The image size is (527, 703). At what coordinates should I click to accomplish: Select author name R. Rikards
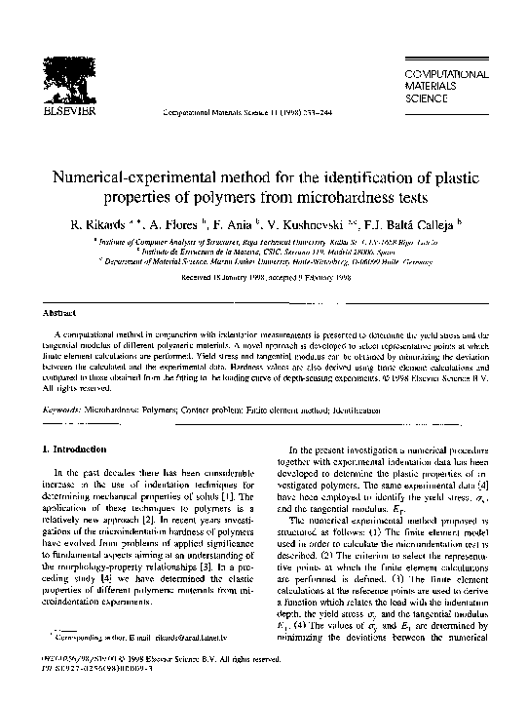pos(99,226)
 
